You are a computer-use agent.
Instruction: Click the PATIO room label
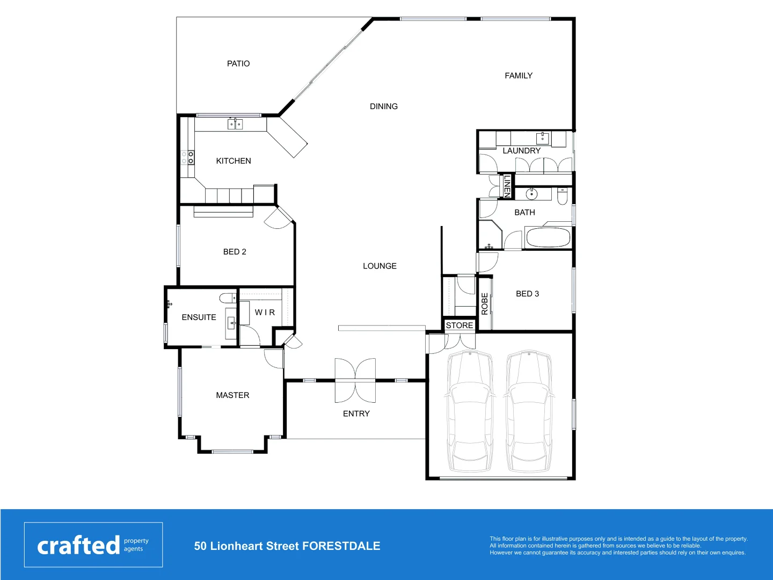tap(238, 63)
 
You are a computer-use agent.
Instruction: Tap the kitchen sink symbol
tap(235, 124)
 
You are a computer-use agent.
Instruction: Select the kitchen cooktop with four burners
tap(187, 157)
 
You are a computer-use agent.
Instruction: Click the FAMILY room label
tap(519, 76)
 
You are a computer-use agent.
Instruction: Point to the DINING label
tap(384, 106)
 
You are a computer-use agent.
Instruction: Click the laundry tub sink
tap(543, 138)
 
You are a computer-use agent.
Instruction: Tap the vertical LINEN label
tap(507, 186)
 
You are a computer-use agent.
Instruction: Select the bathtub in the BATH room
tap(548, 237)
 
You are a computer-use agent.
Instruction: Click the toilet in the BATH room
tap(563, 197)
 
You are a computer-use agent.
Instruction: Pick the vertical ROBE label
tap(485, 303)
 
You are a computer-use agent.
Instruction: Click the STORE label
tap(460, 325)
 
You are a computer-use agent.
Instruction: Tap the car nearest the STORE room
tap(470, 411)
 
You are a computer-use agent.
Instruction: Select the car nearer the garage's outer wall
tap(529, 411)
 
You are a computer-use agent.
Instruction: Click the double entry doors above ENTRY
tap(355, 380)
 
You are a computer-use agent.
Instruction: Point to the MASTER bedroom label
tap(232, 395)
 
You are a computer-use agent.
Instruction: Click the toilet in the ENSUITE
tap(228, 298)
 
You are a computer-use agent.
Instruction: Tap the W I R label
tap(265, 313)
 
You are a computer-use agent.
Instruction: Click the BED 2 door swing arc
tap(278, 220)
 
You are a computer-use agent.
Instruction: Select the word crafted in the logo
tap(78, 546)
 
